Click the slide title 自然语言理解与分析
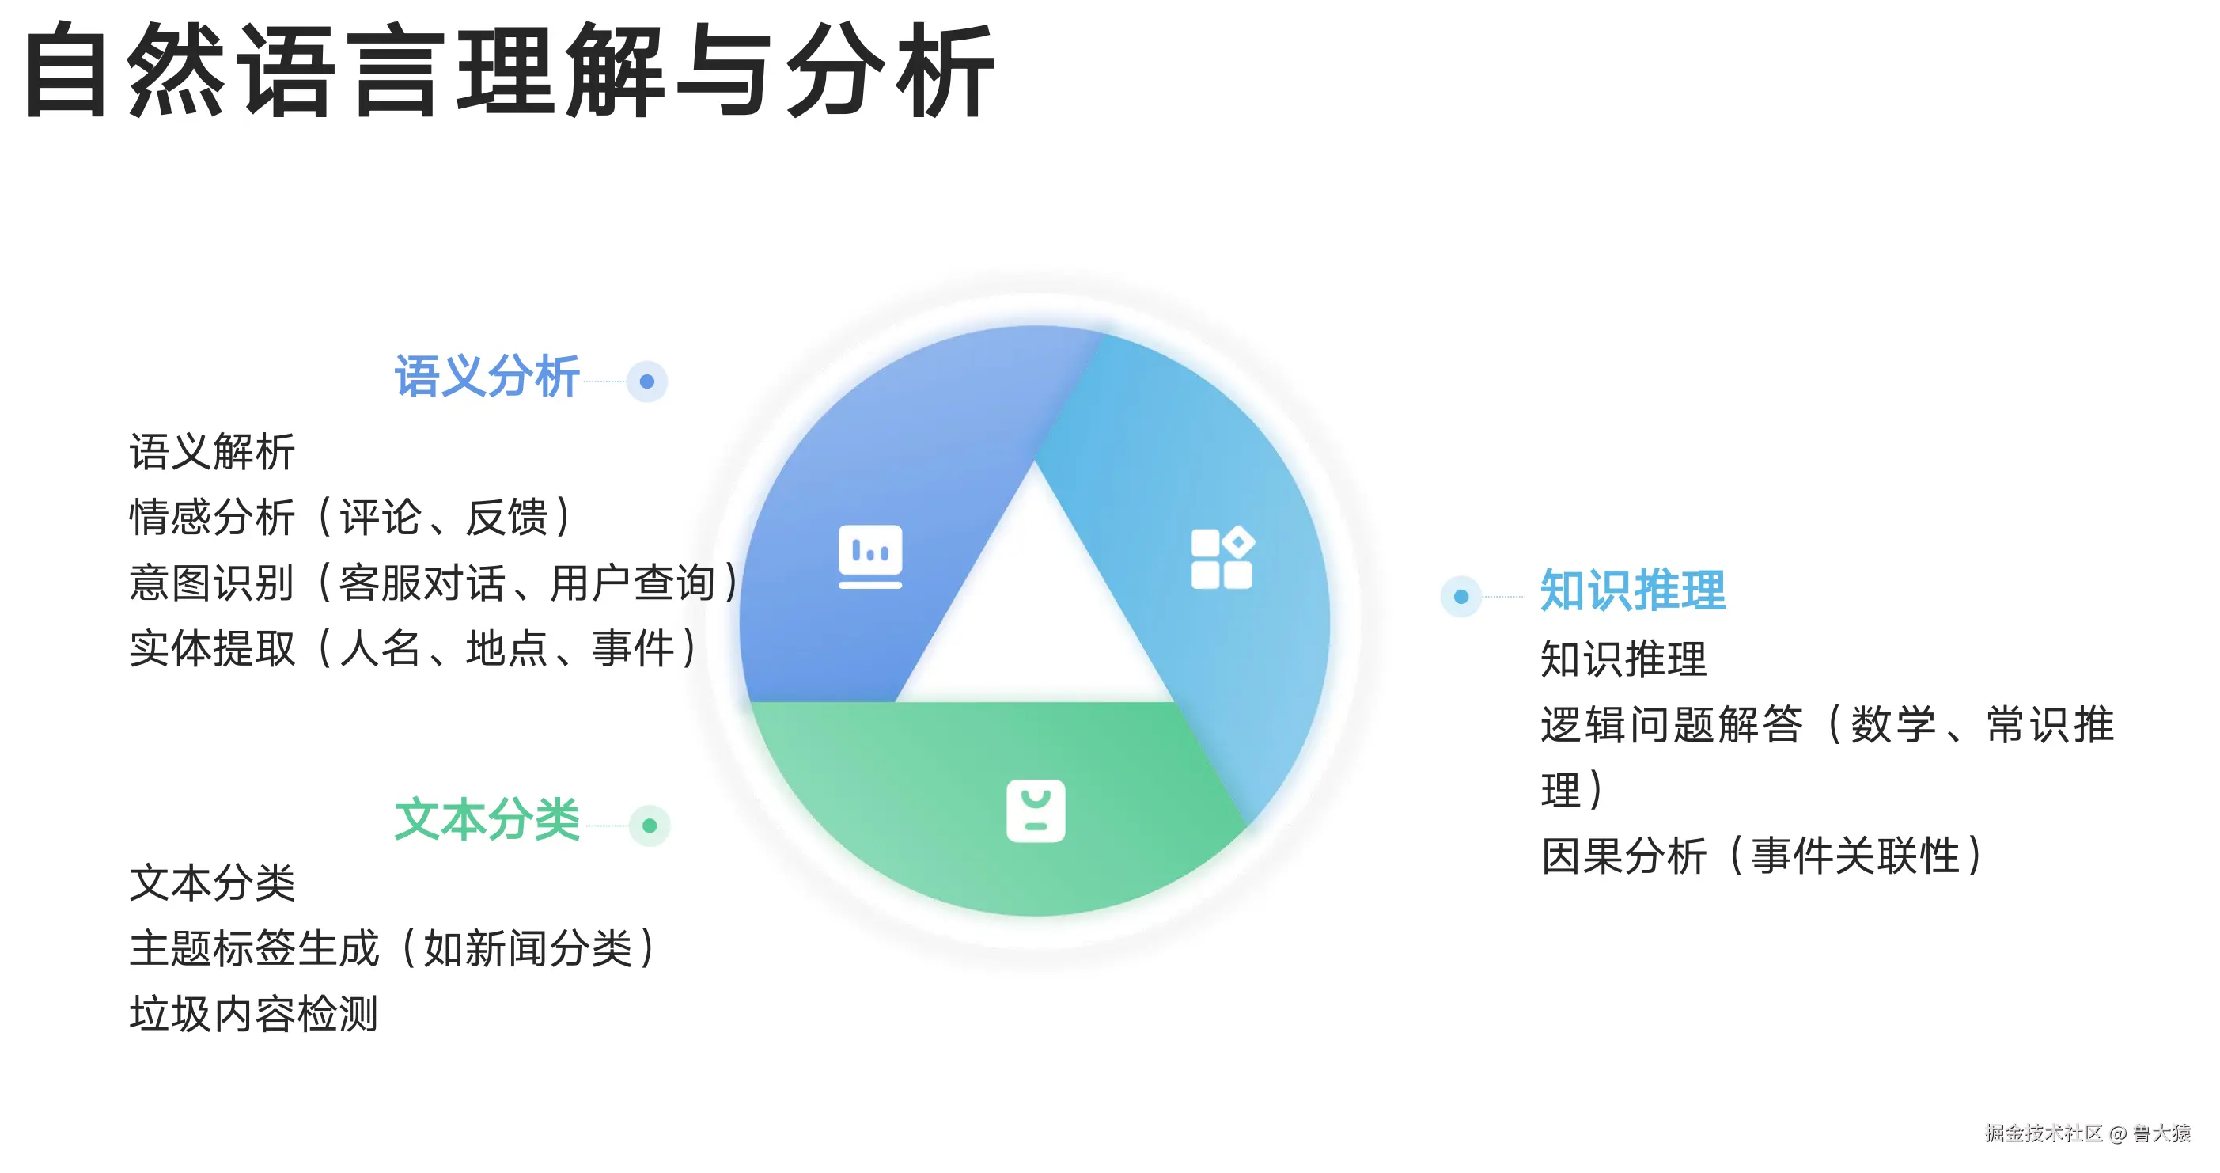click(x=510, y=70)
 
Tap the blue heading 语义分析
click(x=487, y=377)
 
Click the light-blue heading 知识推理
click(x=1633, y=590)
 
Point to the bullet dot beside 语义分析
click(x=647, y=381)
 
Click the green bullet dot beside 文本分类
click(x=650, y=826)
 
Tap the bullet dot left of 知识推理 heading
click(x=1460, y=597)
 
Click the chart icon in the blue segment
click(x=870, y=556)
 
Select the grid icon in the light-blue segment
click(x=1223, y=558)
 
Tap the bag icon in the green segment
click(x=1036, y=811)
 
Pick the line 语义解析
click(x=212, y=453)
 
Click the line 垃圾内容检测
click(x=253, y=1014)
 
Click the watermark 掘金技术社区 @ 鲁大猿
click(x=2087, y=1133)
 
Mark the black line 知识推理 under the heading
click(x=1623, y=659)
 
